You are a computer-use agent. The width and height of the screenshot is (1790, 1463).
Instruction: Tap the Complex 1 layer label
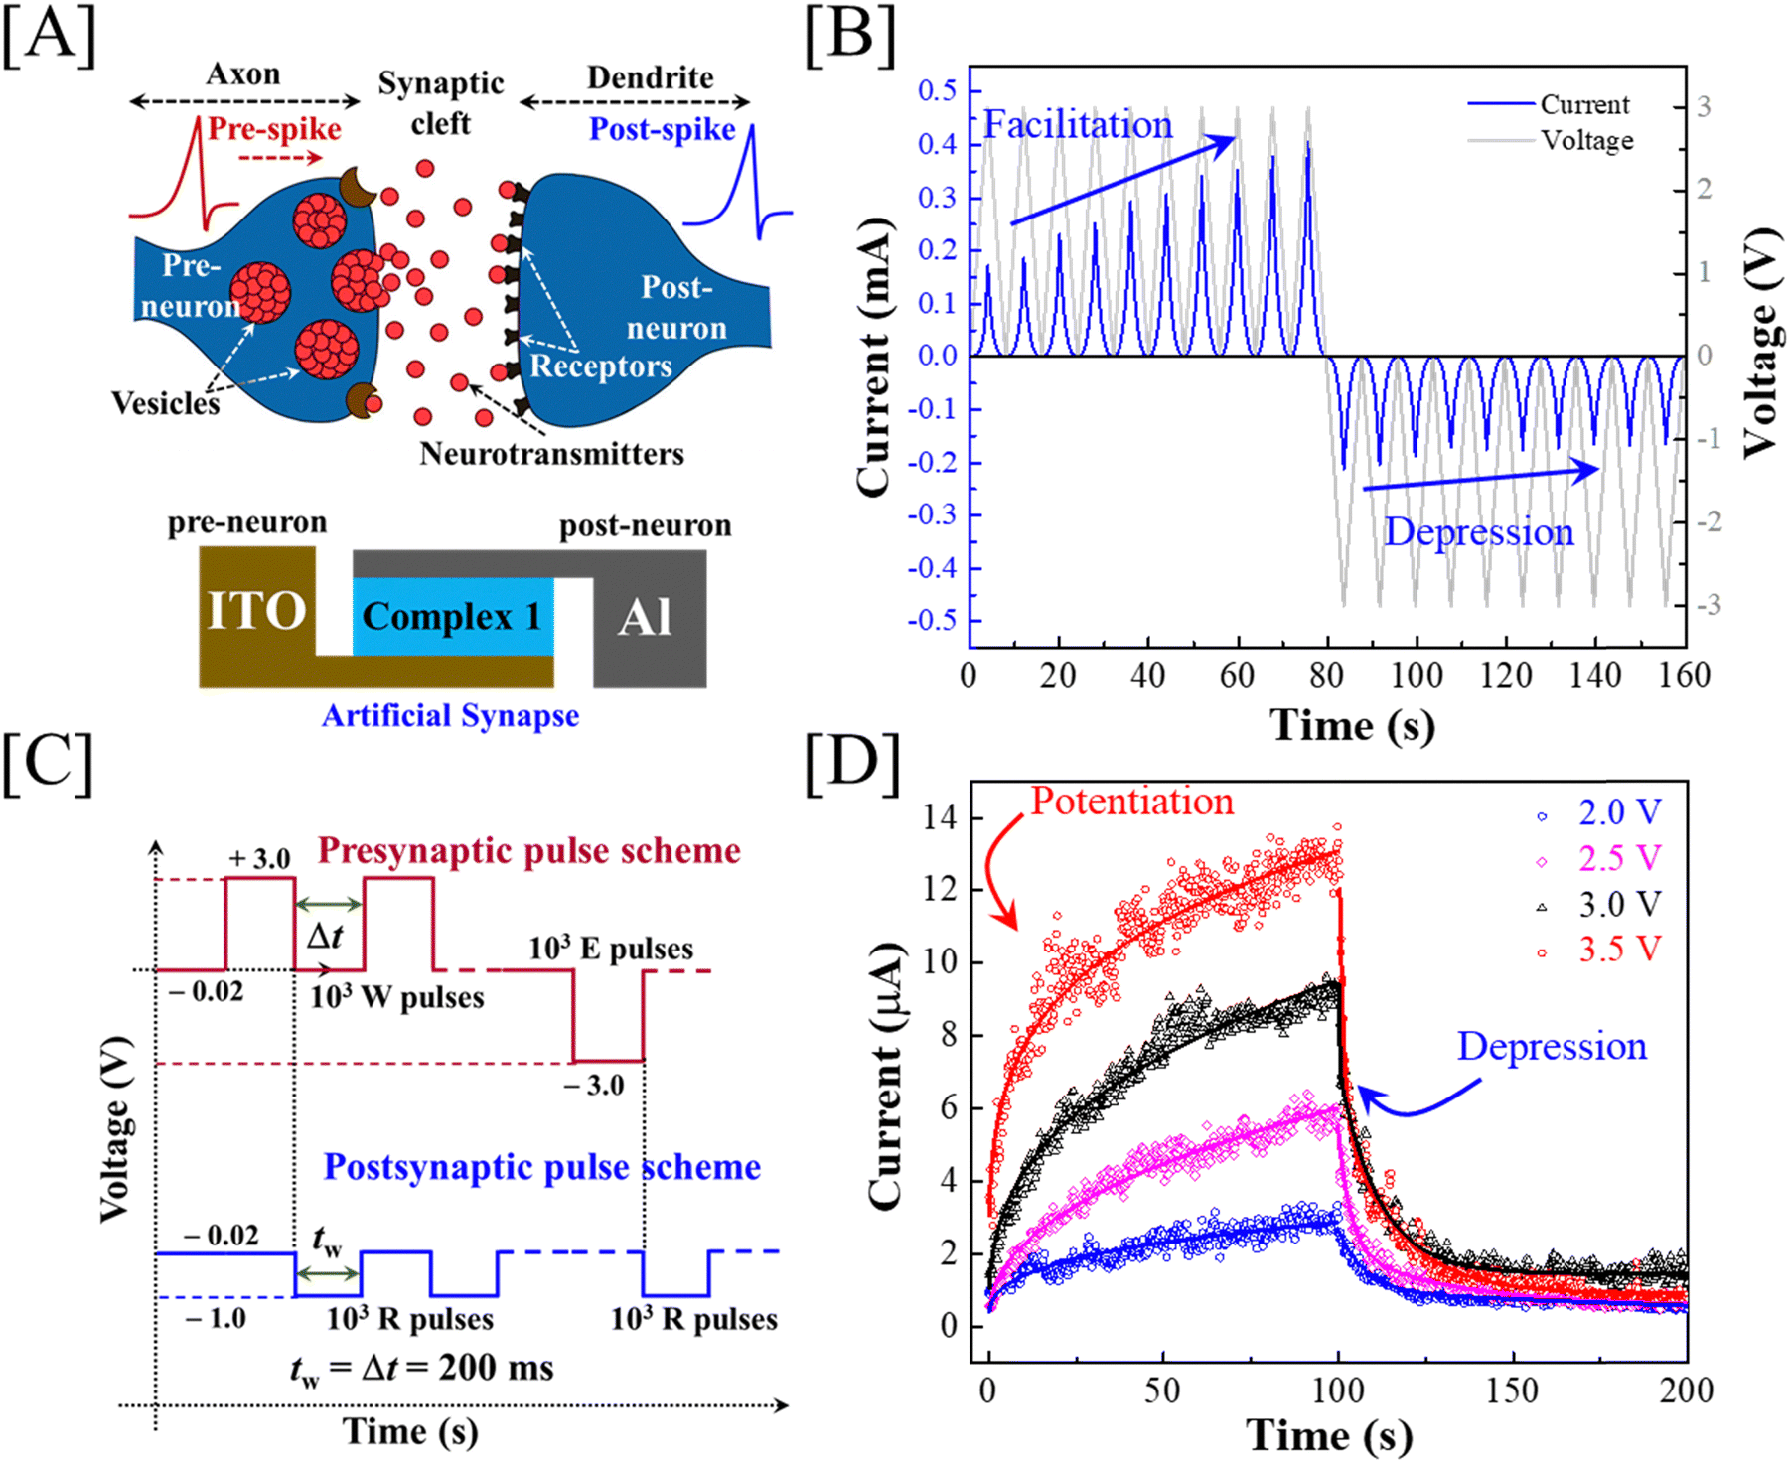pyautogui.click(x=452, y=617)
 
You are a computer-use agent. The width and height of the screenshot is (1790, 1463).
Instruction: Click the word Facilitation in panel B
pyautogui.click(x=1078, y=125)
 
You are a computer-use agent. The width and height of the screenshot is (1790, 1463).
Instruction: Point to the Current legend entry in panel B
pyautogui.click(x=1549, y=104)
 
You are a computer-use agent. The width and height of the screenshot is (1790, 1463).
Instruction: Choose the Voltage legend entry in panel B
pyautogui.click(x=1551, y=140)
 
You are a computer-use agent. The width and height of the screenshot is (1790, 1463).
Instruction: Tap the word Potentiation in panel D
pyautogui.click(x=1132, y=801)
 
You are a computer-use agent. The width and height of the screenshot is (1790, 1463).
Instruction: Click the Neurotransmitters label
pyautogui.click(x=551, y=454)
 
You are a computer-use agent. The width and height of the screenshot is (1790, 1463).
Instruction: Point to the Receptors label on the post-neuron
pyautogui.click(x=601, y=366)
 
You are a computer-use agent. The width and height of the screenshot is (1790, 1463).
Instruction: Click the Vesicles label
pyautogui.click(x=165, y=403)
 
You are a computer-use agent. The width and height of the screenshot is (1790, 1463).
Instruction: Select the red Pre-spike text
pyautogui.click(x=274, y=129)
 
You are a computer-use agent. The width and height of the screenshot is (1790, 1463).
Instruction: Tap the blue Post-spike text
pyautogui.click(x=663, y=129)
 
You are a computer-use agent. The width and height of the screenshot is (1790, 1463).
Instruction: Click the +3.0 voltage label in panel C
pyautogui.click(x=259, y=858)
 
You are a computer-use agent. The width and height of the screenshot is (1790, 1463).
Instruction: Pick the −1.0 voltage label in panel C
pyautogui.click(x=215, y=1319)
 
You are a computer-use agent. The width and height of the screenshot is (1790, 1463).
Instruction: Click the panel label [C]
pyautogui.click(x=48, y=765)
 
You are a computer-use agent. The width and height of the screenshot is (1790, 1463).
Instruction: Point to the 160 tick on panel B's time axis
pyautogui.click(x=1685, y=676)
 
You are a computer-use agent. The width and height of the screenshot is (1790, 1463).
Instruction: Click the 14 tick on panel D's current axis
pyautogui.click(x=940, y=818)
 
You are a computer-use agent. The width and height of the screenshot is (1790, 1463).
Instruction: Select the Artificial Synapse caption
pyautogui.click(x=450, y=716)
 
